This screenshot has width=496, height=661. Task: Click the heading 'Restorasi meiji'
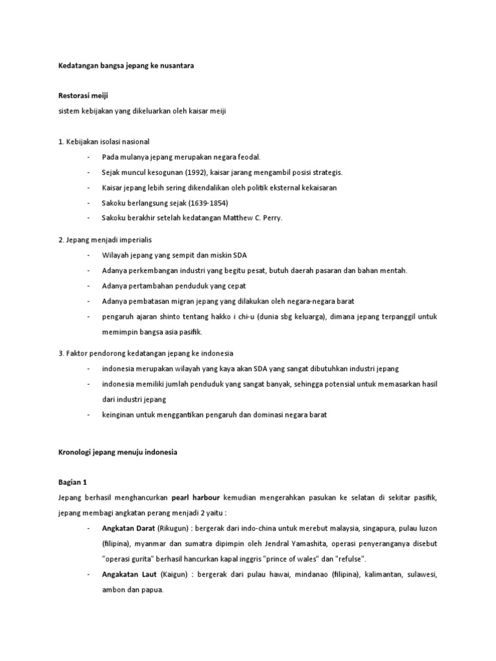coord(81,95)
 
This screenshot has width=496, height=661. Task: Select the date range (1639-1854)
coord(207,203)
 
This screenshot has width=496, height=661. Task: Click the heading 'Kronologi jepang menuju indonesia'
coord(117,453)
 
